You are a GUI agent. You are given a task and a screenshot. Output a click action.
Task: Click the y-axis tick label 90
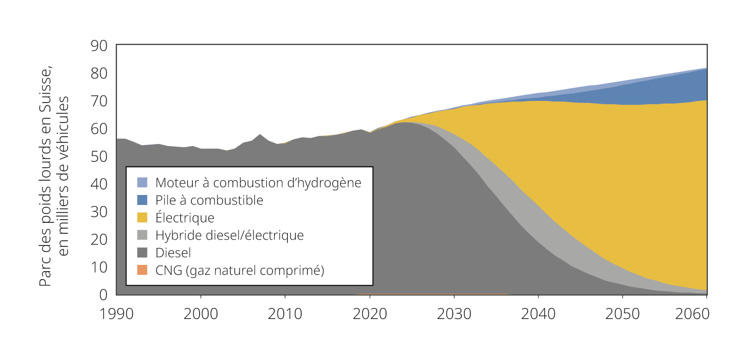pyautogui.click(x=99, y=46)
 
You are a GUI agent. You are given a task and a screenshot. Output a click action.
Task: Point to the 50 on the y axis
pyautogui.click(x=99, y=157)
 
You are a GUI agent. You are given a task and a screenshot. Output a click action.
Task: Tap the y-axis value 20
pyautogui.click(x=99, y=240)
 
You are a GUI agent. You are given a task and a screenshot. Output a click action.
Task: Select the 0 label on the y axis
pyautogui.click(x=103, y=295)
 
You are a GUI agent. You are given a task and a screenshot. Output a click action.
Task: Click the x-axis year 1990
pyautogui.click(x=117, y=314)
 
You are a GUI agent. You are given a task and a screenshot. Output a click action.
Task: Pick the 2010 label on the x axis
pyautogui.click(x=285, y=314)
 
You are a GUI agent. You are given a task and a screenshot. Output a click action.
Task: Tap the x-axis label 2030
pyautogui.click(x=454, y=314)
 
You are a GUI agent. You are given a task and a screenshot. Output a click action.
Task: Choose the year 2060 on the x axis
pyautogui.click(x=692, y=314)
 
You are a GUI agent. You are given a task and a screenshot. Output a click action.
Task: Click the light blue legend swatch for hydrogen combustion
pyautogui.click(x=142, y=182)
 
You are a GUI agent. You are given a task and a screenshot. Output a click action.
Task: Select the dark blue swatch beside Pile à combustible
pyautogui.click(x=142, y=200)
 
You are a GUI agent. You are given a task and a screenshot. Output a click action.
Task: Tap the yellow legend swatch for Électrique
pyautogui.click(x=142, y=218)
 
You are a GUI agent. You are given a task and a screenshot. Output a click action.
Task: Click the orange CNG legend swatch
pyautogui.click(x=142, y=270)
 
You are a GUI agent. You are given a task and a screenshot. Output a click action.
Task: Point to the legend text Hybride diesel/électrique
pyautogui.click(x=230, y=235)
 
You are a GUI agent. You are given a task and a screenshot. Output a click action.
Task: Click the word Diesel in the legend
pyautogui.click(x=173, y=253)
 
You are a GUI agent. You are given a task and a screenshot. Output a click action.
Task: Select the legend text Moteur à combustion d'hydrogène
pyautogui.click(x=258, y=183)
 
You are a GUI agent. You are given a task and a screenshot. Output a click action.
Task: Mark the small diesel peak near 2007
pyautogui.click(x=260, y=135)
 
